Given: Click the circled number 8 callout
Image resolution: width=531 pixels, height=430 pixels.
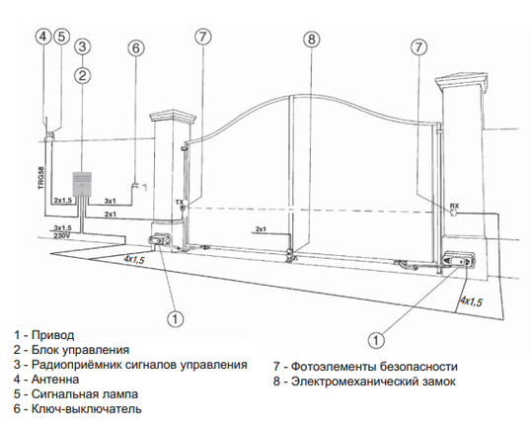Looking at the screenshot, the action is [312, 40].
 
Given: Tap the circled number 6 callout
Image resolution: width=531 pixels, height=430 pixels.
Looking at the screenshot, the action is [136, 48].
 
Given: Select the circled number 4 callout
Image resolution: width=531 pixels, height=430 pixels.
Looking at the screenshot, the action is [43, 36].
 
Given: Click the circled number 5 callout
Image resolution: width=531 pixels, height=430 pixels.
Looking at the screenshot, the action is [61, 36].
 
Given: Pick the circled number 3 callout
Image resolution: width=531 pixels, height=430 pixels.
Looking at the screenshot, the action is [83, 46].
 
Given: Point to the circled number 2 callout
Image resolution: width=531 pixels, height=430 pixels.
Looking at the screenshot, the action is [83, 75].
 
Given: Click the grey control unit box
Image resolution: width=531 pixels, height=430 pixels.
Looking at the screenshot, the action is [82, 184].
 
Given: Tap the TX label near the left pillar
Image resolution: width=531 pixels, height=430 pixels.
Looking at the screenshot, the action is [180, 203].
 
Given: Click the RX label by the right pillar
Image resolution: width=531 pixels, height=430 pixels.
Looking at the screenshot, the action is [454, 206].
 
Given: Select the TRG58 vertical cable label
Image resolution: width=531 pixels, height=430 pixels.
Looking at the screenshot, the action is [41, 177].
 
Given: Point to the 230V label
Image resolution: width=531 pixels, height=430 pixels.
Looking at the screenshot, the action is [61, 235].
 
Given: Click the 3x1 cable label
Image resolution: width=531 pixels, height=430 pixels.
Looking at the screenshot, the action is [111, 201].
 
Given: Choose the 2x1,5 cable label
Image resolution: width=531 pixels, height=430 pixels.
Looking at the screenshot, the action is [63, 201].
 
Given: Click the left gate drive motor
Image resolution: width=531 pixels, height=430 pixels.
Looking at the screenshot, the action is [159, 239].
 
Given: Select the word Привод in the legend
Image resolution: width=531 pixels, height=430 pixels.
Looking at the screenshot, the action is [53, 335].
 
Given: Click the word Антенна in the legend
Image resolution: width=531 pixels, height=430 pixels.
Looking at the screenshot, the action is [55, 380].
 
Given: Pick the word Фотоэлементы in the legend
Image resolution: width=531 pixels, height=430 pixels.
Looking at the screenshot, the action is [334, 367].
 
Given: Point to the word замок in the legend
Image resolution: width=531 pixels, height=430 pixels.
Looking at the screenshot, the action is [439, 382].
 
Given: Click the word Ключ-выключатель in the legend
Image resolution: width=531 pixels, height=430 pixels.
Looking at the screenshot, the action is [86, 408].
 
